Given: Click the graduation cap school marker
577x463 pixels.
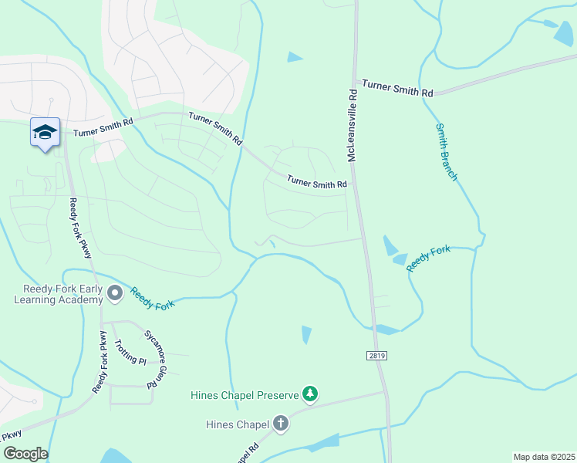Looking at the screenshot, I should (45, 132).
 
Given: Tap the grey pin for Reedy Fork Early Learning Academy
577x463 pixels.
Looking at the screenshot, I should (116, 293).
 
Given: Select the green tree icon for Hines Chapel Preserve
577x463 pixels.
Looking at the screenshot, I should (309, 395).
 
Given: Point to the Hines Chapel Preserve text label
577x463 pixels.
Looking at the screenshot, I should (245, 396).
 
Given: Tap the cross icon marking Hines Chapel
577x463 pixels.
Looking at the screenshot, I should (280, 424).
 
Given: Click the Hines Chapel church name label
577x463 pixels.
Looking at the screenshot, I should (238, 424).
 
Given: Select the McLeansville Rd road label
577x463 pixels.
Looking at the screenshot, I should (352, 124).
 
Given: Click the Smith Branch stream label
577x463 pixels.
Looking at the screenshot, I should (447, 152).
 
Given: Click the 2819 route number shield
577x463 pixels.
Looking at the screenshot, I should (376, 356).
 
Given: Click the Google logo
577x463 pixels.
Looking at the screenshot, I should (25, 454).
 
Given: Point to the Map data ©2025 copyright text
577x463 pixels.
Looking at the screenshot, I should (544, 457).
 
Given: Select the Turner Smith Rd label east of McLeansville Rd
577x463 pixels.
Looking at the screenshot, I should (397, 87).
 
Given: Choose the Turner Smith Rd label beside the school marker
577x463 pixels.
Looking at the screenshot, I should (103, 127).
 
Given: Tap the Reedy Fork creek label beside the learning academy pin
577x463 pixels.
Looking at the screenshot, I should (153, 299).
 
